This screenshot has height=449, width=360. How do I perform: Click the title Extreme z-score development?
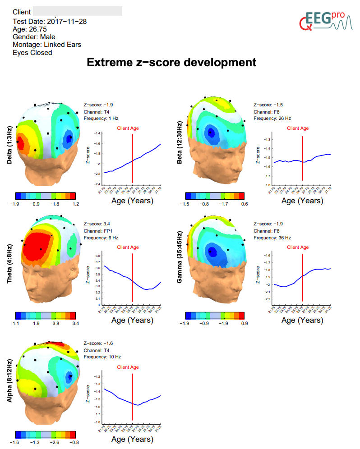(171, 62)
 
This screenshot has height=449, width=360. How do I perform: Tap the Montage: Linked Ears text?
(47, 45)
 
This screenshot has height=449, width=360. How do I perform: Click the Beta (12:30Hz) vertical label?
(180, 142)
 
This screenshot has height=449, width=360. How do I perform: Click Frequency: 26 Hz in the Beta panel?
(272, 119)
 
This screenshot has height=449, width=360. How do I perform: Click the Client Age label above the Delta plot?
(128, 128)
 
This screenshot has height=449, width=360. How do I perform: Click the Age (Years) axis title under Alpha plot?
(132, 439)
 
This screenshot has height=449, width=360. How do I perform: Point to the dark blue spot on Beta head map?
(210, 133)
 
